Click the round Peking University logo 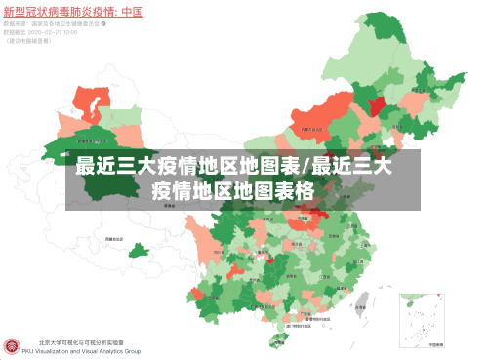[x=14, y=346]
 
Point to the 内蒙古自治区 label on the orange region [x=312, y=128]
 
